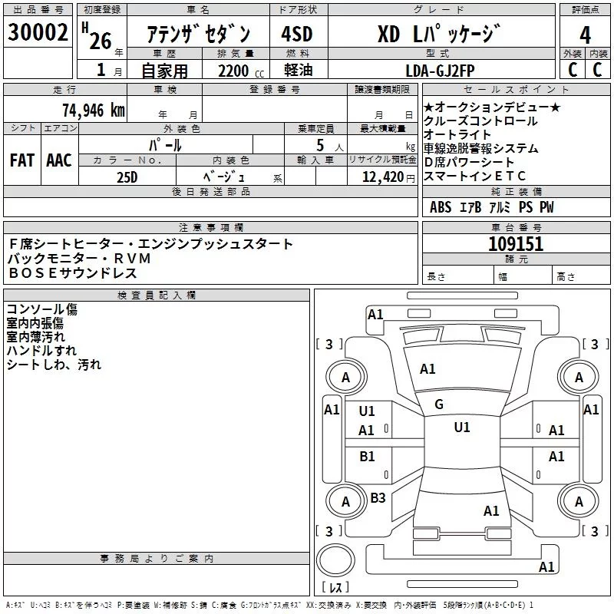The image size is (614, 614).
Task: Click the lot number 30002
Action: (x=38, y=33)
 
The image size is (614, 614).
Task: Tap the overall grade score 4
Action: (x=586, y=35)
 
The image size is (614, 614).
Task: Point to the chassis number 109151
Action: (x=516, y=244)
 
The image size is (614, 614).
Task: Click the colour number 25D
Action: (x=127, y=176)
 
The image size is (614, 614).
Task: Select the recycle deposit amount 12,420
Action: (x=381, y=177)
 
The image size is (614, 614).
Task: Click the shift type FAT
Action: (x=22, y=160)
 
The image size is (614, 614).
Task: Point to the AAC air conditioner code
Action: (x=59, y=160)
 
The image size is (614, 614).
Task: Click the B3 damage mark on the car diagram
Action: (x=378, y=498)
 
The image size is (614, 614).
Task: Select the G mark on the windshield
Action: (x=439, y=404)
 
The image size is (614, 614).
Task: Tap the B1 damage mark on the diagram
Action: (x=368, y=457)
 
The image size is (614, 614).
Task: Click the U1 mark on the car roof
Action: (x=461, y=427)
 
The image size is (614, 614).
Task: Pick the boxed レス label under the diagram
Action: (x=335, y=587)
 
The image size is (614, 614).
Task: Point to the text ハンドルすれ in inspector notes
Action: (x=36, y=351)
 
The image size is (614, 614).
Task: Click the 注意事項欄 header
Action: (x=211, y=228)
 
